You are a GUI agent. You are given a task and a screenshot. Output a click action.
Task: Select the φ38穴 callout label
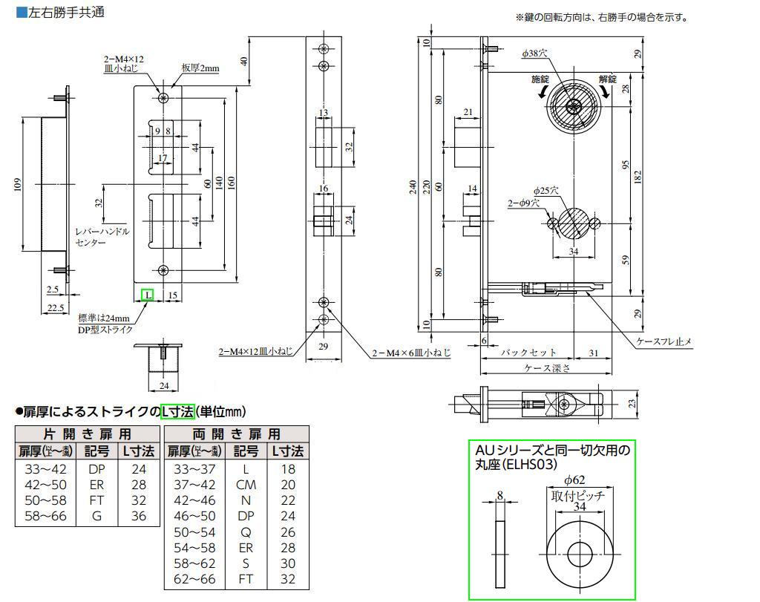(534, 53)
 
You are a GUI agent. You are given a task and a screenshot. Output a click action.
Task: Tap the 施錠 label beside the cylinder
(542, 78)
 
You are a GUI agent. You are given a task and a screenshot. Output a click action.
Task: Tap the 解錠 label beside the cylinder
(608, 78)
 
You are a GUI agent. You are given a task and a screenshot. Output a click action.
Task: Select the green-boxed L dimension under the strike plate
(148, 295)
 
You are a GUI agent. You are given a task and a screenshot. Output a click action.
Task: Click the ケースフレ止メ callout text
(664, 341)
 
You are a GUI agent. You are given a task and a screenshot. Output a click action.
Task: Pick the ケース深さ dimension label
(547, 367)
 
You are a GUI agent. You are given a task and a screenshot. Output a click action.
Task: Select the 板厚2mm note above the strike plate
(200, 68)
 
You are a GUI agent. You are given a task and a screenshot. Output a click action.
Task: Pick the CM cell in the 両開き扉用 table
(246, 484)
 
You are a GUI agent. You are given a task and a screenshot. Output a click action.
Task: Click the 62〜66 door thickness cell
(194, 578)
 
